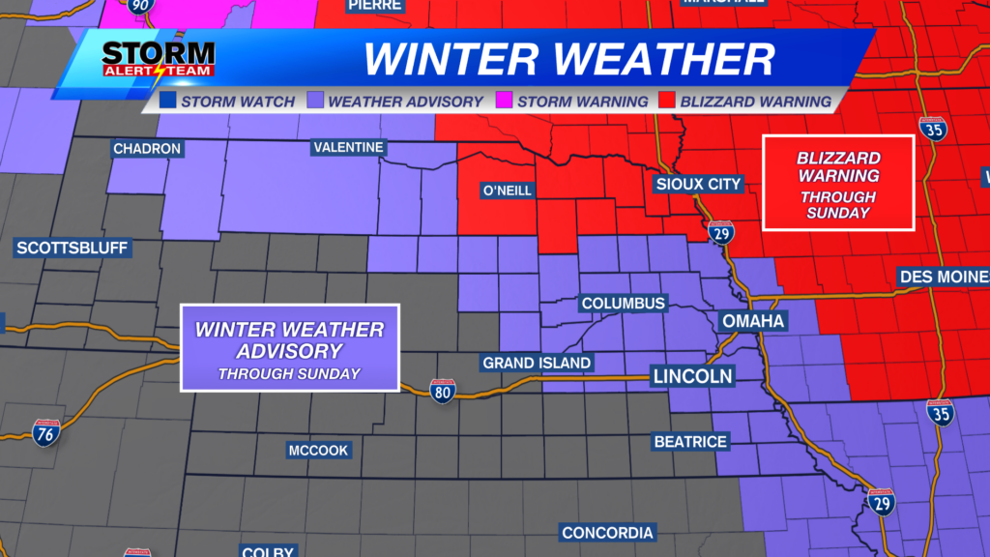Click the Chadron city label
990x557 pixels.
[x=147, y=149]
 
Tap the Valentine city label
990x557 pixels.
[x=349, y=148]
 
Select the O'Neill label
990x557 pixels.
[x=507, y=191]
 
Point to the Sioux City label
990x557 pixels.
[x=698, y=184]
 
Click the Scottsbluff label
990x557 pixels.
[x=73, y=249]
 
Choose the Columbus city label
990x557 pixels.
[x=623, y=304]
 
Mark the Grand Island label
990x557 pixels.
[x=537, y=363]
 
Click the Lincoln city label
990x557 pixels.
[x=691, y=375]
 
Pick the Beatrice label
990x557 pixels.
[x=690, y=442]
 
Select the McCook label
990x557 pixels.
[x=318, y=451]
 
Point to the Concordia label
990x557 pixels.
[x=608, y=533]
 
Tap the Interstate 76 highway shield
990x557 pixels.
[x=46, y=432]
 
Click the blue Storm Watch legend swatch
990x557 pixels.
[x=168, y=101]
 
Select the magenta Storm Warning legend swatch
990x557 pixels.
[x=504, y=101]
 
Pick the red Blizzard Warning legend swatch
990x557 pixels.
[x=667, y=101]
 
